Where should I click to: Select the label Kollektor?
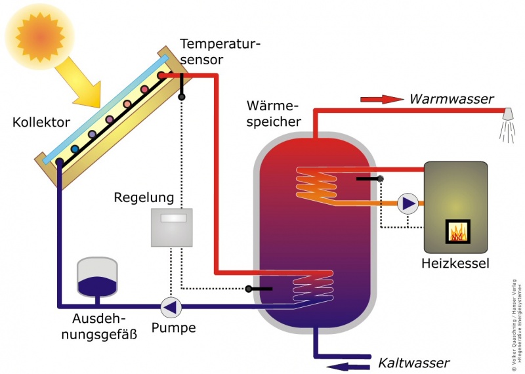41,123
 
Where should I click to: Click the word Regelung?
144,197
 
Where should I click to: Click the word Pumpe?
174,327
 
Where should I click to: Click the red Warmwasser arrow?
381,99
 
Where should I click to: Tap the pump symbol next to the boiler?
408,203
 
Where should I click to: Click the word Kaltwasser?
413,363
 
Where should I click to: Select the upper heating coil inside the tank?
315,184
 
